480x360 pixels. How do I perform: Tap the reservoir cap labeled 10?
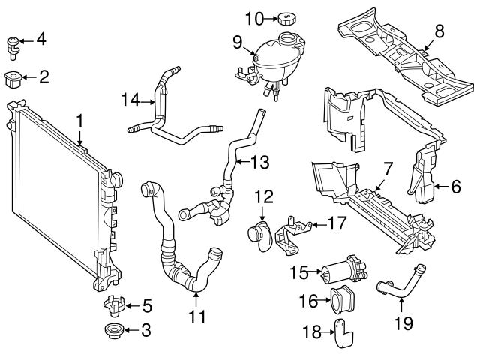pyautogui.click(x=286, y=17)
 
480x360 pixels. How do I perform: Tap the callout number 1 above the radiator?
pyautogui.click(x=79, y=119)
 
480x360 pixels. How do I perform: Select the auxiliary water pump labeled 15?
pyautogui.click(x=341, y=271)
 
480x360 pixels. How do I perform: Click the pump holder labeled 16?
pyautogui.click(x=344, y=302)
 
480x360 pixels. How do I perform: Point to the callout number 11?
pyautogui.click(x=196, y=316)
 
